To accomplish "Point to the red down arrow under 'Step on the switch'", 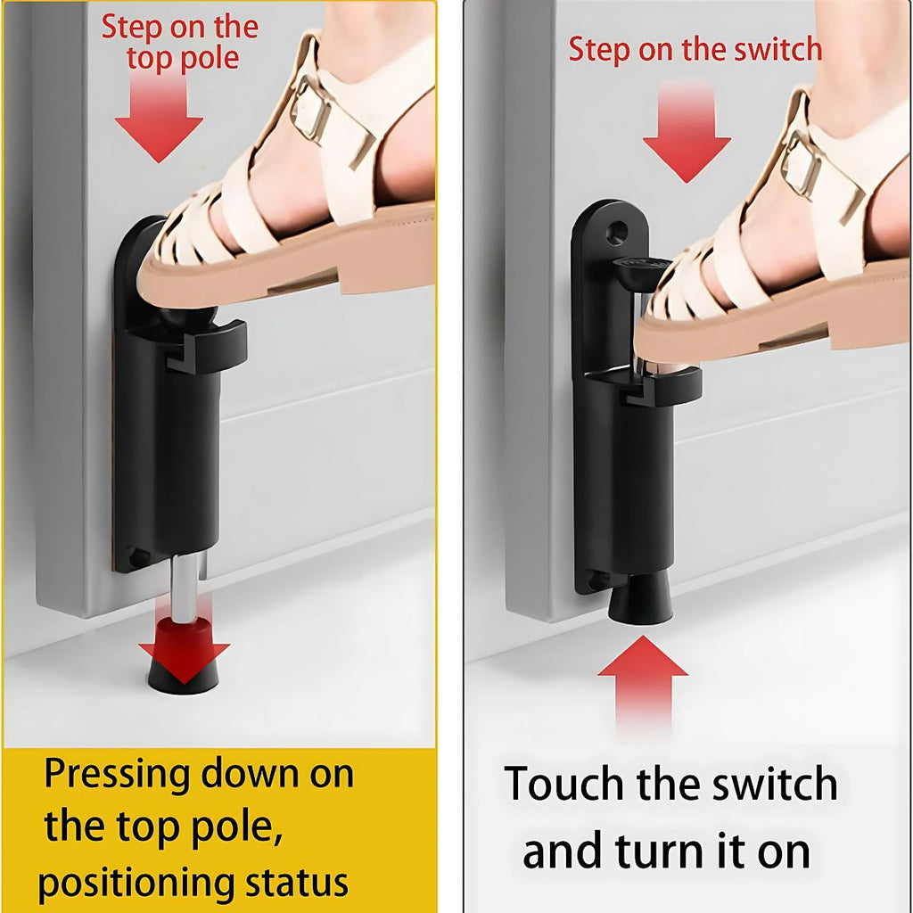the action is tap(687, 133).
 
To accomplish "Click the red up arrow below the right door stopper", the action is tap(643, 681).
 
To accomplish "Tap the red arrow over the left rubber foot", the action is tap(184, 651).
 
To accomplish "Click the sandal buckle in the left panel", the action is tap(311, 111).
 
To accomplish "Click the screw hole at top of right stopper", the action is tap(617, 233).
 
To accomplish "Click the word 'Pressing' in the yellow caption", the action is tap(117, 776).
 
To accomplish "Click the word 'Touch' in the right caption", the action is tap(565, 784).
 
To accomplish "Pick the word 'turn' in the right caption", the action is tap(661, 852).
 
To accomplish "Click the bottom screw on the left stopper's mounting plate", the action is tap(138, 557).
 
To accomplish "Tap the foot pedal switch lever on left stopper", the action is tap(207, 347).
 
